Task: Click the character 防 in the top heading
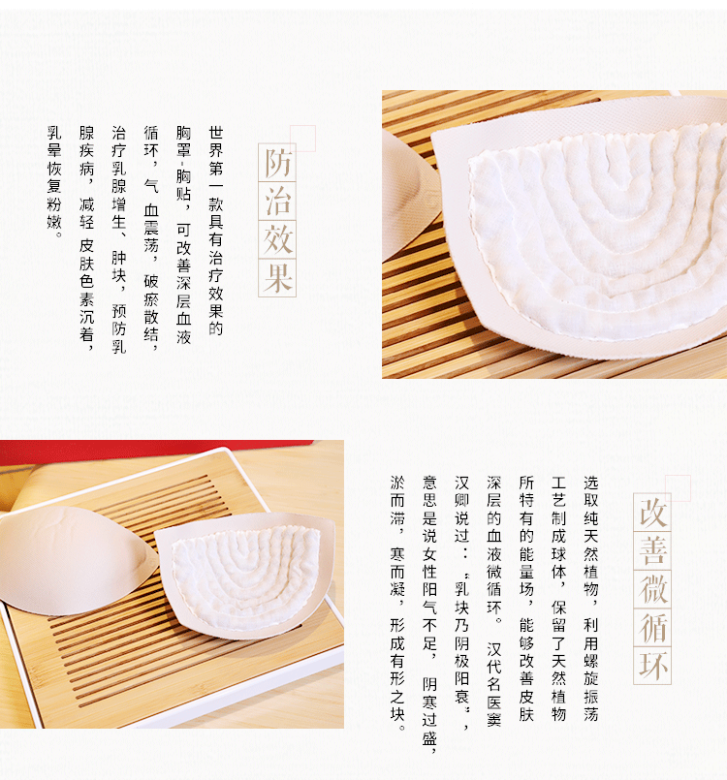coord(277,163)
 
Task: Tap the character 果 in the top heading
coord(277,277)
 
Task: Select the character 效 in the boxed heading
coord(277,239)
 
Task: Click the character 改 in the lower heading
coord(652,513)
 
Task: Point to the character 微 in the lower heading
coord(652,589)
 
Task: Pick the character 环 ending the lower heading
coord(652,666)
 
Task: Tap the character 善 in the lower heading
coord(652,551)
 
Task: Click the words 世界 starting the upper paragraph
coord(216,141)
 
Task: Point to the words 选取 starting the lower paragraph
coord(590,491)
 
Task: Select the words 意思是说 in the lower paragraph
coord(429,510)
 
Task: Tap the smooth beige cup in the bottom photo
coord(75,560)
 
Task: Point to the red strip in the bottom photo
coord(149,452)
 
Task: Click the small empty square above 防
coord(302,139)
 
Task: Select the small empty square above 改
coord(678,488)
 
